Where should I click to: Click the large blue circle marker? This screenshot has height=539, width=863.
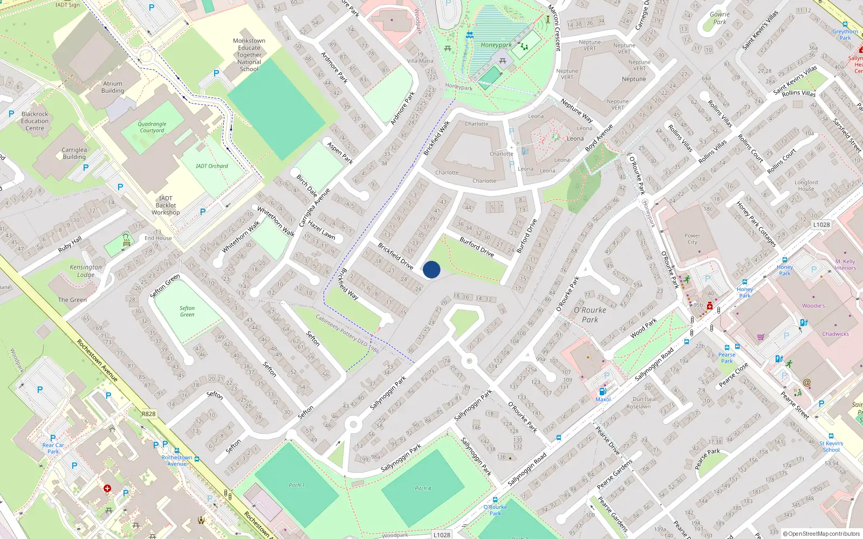pyautogui.click(x=432, y=269)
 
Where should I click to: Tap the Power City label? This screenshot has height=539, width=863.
pyautogui.click(x=692, y=239)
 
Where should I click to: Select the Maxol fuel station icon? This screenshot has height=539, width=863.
pyautogui.click(x=602, y=391)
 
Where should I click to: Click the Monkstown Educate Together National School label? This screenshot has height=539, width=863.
pyautogui.click(x=249, y=55)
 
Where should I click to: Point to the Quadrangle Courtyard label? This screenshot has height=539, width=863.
pyautogui.click(x=152, y=127)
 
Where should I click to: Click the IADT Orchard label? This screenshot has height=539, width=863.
pyautogui.click(x=211, y=166)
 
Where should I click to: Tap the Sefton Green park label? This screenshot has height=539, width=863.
pyautogui.click(x=187, y=312)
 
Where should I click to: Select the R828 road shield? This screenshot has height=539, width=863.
pyautogui.click(x=149, y=414)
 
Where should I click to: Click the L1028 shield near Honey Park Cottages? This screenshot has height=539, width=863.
pyautogui.click(x=821, y=225)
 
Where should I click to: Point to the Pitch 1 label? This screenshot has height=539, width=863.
pyautogui.click(x=297, y=485)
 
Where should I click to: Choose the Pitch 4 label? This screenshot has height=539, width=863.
pyautogui.click(x=423, y=488)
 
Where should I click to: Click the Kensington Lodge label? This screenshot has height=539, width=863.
pyautogui.click(x=86, y=271)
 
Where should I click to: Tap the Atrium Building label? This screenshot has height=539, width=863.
pyautogui.click(x=113, y=87)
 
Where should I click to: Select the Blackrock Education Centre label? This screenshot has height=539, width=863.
pyautogui.click(x=35, y=121)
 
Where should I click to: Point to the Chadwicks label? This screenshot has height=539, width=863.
pyautogui.click(x=835, y=334)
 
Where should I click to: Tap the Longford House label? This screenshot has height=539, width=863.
pyautogui.click(x=806, y=185)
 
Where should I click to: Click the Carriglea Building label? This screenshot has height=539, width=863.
pyautogui.click(x=74, y=154)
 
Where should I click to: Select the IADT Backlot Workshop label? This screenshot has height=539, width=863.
pyautogui.click(x=166, y=205)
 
